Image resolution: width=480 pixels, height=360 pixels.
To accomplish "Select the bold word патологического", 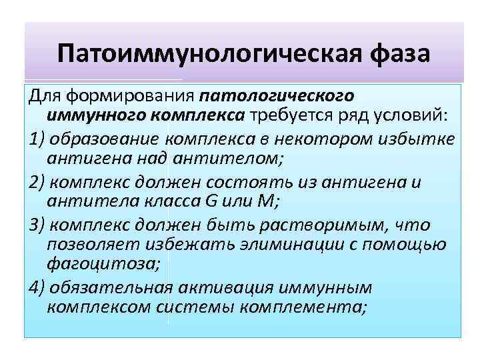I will tap(287, 96).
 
